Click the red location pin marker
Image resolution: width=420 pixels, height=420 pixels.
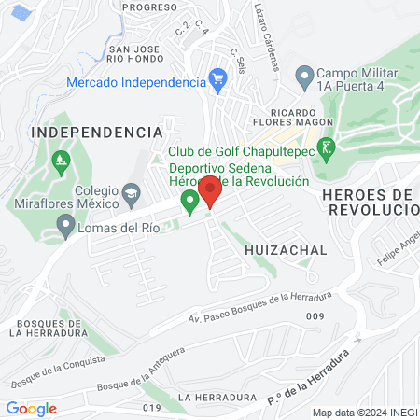210,190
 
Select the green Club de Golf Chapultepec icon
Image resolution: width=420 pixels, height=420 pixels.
326,147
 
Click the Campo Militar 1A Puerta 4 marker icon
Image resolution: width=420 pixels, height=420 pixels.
303,75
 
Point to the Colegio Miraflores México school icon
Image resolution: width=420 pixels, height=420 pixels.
131,192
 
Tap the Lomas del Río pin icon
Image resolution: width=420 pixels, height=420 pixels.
65,225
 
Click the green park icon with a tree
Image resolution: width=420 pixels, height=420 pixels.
62,162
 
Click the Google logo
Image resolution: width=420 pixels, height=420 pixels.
31,408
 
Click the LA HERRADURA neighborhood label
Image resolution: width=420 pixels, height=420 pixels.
210,397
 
